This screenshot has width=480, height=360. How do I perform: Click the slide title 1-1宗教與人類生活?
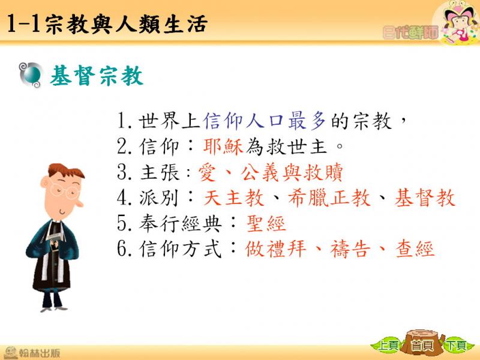pyautogui.click(x=107, y=23)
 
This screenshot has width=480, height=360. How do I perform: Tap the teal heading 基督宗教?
pyautogui.click(x=97, y=76)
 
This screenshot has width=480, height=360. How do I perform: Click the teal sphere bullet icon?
pyautogui.click(x=30, y=74)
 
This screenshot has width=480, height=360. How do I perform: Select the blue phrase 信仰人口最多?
pyautogui.click(x=265, y=121)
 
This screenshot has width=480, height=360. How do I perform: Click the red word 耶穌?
pyautogui.click(x=223, y=146)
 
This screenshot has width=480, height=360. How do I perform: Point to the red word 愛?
pyautogui.click(x=207, y=172)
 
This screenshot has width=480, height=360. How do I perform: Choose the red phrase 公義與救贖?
pyautogui.click(x=292, y=172)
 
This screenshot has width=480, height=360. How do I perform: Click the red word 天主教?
pyautogui.click(x=233, y=198)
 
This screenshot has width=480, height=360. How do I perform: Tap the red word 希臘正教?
pyautogui.click(x=329, y=198)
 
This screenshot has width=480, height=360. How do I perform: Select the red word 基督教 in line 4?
pyautogui.click(x=425, y=198)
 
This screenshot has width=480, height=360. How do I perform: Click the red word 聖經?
pyautogui.click(x=266, y=223)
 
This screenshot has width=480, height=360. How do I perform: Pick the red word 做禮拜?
pyautogui.click(x=275, y=248)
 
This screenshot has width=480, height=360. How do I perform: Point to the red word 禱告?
pyautogui.click(x=350, y=248)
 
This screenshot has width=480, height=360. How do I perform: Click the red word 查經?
pyautogui.click(x=415, y=248)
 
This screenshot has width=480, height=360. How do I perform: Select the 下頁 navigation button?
pyautogui.click(x=457, y=346)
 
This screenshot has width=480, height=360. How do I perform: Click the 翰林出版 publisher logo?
pyautogui.click(x=32, y=353)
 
